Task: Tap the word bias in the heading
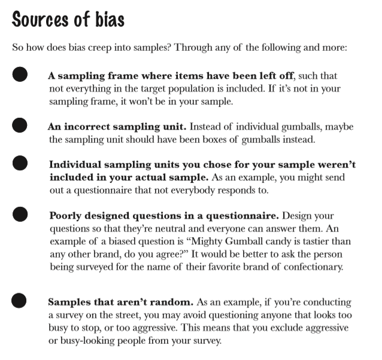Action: tap(108, 19)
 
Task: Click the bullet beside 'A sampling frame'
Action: tap(20, 75)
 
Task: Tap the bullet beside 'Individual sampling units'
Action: tap(20, 163)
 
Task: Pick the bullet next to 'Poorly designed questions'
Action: tap(20, 213)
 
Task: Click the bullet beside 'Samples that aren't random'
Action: tap(20, 300)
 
